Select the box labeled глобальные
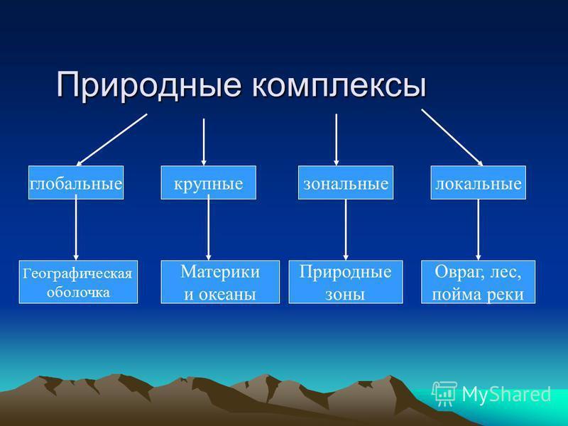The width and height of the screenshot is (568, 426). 76,182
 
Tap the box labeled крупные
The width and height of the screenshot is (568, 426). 208,182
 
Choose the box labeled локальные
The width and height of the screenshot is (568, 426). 479,182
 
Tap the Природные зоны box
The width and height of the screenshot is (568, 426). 346,282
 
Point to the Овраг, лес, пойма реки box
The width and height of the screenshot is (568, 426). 477,282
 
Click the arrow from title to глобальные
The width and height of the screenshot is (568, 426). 111,139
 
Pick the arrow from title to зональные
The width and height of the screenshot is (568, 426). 336,139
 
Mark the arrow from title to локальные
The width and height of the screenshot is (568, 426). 452,136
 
